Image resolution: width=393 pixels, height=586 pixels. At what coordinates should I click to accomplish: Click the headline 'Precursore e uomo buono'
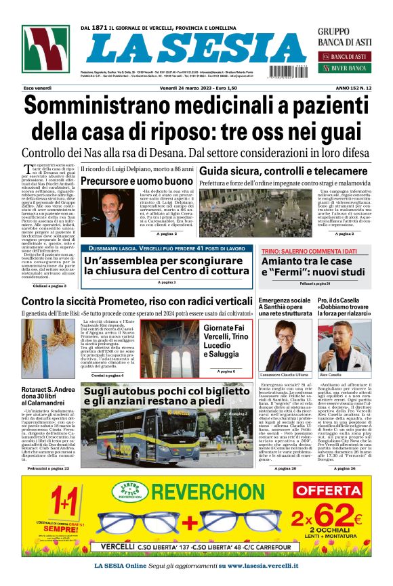pyautogui.click(x=136, y=181)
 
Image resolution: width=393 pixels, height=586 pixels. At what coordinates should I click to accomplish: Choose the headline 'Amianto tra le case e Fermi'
pyautogui.click(x=316, y=267)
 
